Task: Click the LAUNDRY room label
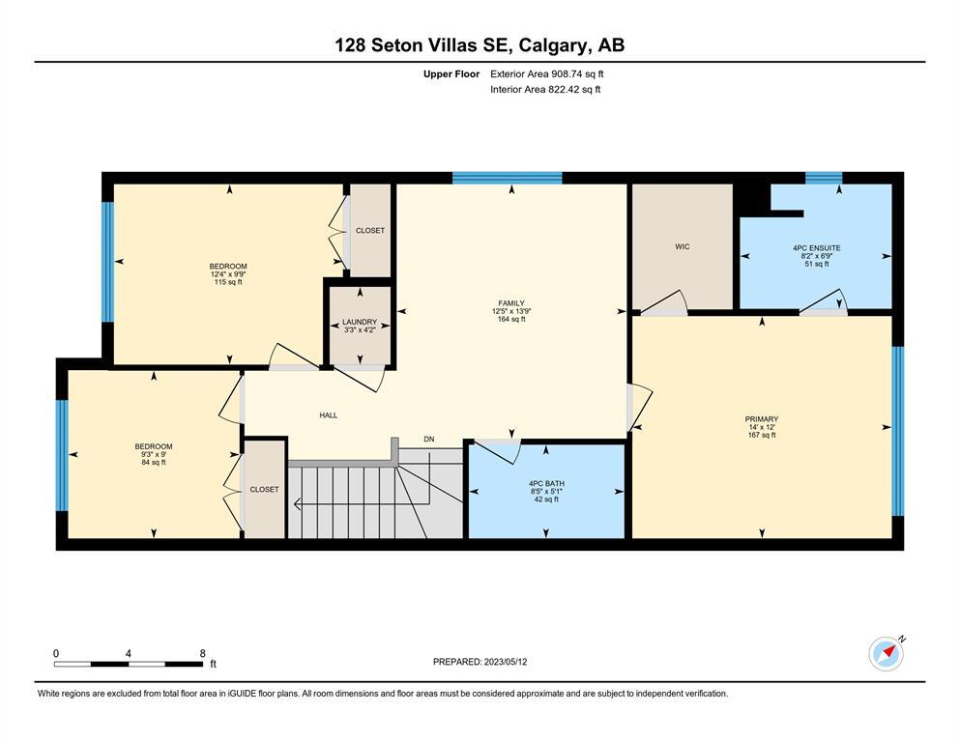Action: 360,322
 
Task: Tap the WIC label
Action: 682,246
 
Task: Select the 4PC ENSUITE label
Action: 817,247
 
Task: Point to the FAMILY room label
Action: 511,302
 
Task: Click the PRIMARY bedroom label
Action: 762,419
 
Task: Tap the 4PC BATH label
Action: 547,483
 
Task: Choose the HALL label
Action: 328,414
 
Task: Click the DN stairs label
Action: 429,439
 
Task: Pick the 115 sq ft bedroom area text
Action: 228,282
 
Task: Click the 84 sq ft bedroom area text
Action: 154,463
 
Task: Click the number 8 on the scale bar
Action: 203,653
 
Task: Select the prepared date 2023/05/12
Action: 506,662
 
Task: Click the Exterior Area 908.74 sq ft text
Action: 547,74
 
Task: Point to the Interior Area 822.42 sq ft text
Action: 545,89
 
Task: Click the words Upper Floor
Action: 451,74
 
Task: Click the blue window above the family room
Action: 507,178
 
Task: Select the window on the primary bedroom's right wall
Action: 897,431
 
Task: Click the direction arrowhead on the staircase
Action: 298,504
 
